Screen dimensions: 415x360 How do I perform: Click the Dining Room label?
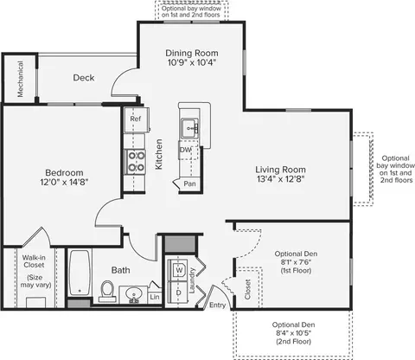tap(192, 53)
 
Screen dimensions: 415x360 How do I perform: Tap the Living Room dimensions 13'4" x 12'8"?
tap(281, 179)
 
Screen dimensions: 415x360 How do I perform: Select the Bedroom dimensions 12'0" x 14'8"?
tap(64, 182)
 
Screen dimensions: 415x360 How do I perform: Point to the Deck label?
tap(84, 78)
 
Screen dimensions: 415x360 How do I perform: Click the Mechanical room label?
tap(20, 79)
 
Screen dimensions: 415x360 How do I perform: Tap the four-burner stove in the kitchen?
tap(135, 162)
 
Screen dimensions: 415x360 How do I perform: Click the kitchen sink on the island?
tap(190, 128)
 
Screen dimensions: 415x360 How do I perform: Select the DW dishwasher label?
tap(185, 150)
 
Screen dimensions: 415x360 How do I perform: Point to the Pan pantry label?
tap(189, 183)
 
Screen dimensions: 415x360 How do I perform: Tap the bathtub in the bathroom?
tap(80, 273)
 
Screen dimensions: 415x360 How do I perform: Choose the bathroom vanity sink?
tap(133, 294)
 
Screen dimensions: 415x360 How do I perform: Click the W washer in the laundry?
tap(179, 270)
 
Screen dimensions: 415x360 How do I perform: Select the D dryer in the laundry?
tap(179, 292)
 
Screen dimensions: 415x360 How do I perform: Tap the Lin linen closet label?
tap(155, 297)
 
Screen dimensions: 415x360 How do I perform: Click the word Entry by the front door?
tap(217, 305)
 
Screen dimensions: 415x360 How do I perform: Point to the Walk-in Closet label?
tap(34, 261)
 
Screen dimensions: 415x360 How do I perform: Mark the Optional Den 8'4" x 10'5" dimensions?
tap(294, 333)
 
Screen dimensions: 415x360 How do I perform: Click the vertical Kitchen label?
tap(159, 154)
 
